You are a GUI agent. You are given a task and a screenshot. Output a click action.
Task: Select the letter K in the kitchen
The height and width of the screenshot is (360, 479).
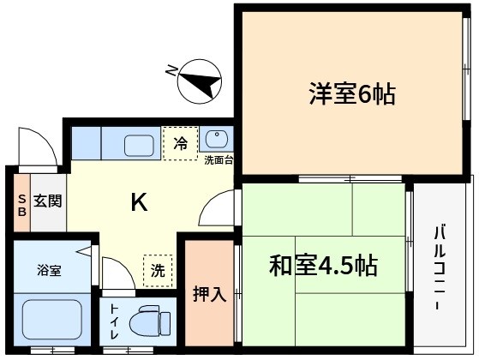click(x=140, y=203)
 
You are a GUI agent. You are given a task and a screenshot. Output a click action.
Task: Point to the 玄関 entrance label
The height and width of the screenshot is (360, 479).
click(x=48, y=202)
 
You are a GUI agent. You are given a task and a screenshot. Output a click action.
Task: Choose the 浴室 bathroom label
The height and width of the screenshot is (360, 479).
click(x=49, y=270)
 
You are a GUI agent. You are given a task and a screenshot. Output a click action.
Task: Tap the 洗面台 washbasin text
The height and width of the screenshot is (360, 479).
click(x=219, y=159)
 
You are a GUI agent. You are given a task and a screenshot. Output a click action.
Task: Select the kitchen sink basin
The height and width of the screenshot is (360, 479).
click(x=138, y=143)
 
